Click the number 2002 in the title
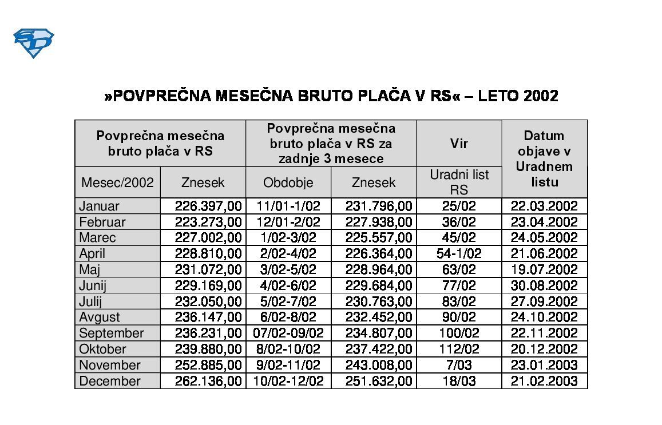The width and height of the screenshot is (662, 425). pyautogui.click(x=541, y=96)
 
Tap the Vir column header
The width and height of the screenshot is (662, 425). pyautogui.click(x=459, y=144)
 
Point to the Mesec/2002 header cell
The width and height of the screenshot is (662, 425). pyautogui.click(x=117, y=182)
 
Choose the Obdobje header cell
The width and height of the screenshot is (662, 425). pyautogui.click(x=288, y=182)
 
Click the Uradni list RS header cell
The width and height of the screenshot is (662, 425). pyautogui.click(x=459, y=182)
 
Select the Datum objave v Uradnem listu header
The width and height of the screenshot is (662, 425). pyautogui.click(x=544, y=158)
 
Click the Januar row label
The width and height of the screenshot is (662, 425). pyautogui.click(x=100, y=206)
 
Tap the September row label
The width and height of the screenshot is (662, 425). pyautogui.click(x=112, y=333)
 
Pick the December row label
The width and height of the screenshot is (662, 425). pyautogui.click(x=110, y=381)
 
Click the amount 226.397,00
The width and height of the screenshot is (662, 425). pyautogui.click(x=208, y=206)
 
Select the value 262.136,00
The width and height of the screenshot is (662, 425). pyautogui.click(x=208, y=381)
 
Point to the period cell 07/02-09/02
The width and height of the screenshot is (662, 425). pyautogui.click(x=288, y=333)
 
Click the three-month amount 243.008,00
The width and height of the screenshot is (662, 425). pyautogui.click(x=378, y=365)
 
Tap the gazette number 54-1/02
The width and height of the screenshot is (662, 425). pyautogui.click(x=459, y=253)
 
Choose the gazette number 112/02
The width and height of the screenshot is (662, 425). pyautogui.click(x=459, y=349)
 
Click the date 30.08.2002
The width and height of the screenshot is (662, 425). pyautogui.click(x=544, y=285)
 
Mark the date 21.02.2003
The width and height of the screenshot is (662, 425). pyautogui.click(x=544, y=381)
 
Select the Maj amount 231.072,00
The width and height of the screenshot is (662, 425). pyautogui.click(x=208, y=269)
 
